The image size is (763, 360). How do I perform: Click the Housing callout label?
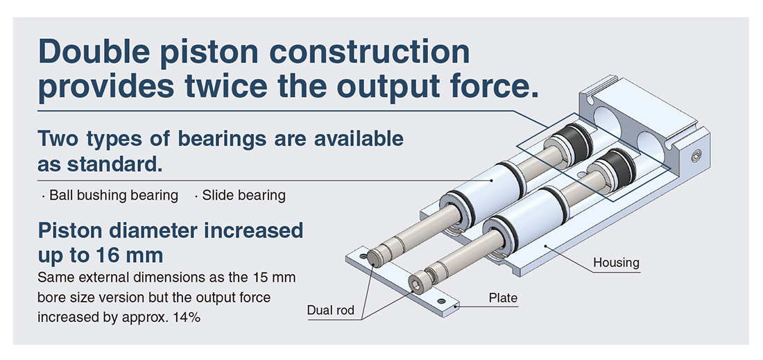click(x=616, y=263)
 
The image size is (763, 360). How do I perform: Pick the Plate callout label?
click(x=503, y=298)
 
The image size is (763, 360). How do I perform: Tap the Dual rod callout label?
click(x=331, y=310)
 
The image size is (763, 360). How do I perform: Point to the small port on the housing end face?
click(x=697, y=157)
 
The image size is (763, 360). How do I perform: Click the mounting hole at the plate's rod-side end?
click(x=362, y=255)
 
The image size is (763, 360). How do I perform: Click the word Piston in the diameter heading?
click(x=71, y=230)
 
